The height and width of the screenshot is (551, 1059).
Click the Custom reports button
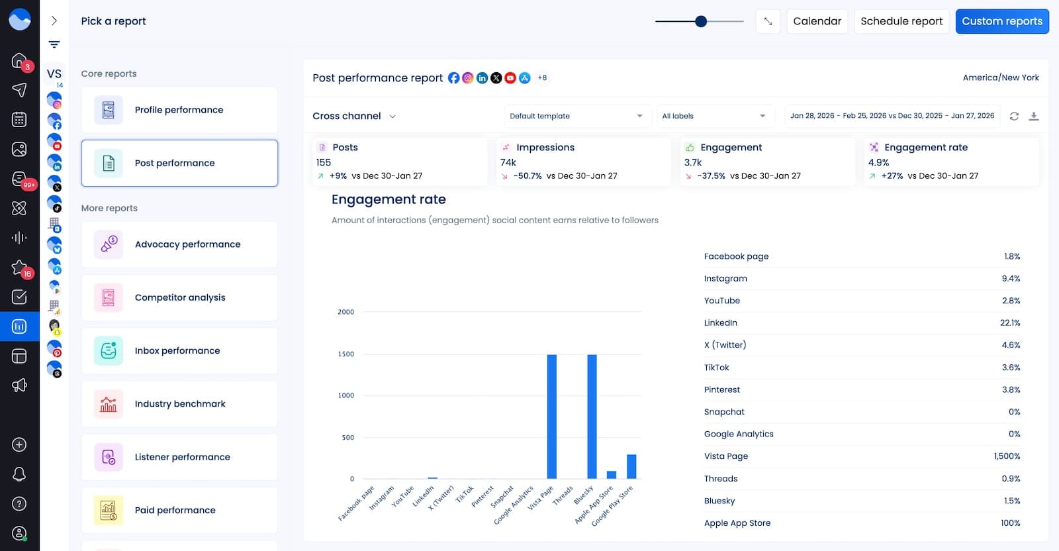(x=1001, y=21)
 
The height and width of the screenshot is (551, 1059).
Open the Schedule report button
(x=901, y=21)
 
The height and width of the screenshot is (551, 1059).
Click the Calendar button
(x=817, y=21)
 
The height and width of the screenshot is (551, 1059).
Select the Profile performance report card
(x=179, y=110)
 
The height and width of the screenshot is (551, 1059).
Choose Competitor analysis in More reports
(x=179, y=297)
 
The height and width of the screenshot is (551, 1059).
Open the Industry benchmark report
(x=179, y=404)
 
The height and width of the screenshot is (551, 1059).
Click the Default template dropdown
(x=576, y=116)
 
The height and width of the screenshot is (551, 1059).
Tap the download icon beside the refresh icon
(x=1034, y=117)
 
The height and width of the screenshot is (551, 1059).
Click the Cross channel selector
(x=354, y=116)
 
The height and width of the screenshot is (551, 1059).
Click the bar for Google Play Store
(x=631, y=466)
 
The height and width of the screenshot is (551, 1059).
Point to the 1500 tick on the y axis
(x=346, y=354)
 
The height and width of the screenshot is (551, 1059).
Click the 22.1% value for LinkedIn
(x=1009, y=323)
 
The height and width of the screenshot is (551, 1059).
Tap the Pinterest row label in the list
(x=721, y=390)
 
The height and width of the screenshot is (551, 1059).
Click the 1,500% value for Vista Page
(x=1007, y=456)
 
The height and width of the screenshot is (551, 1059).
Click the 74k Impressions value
(x=508, y=162)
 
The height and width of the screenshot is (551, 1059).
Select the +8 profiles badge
(x=542, y=78)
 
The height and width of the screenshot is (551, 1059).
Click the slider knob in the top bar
(x=701, y=21)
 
